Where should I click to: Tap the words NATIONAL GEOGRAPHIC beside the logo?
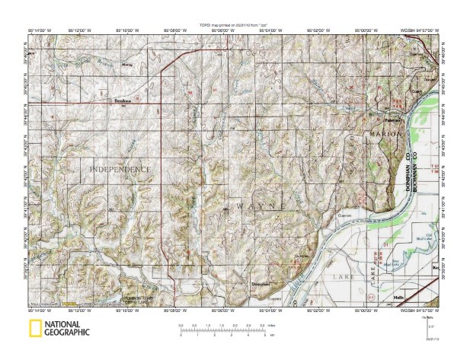[67, 330]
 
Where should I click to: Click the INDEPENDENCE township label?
[120, 168]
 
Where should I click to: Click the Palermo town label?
[392, 120]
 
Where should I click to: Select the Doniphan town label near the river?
[261, 285]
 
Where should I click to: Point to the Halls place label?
[398, 297]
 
